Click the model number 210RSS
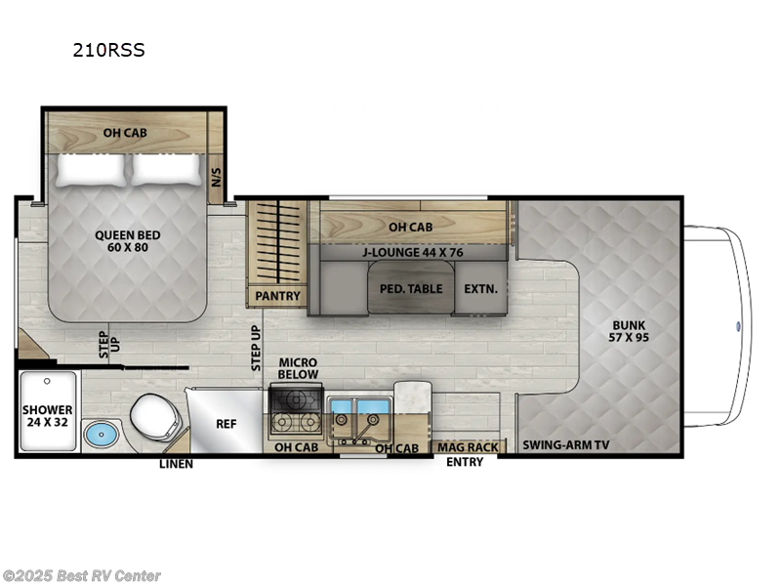tap(108, 51)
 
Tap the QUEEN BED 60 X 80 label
tap(128, 241)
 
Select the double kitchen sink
tap(357, 414)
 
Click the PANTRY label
tap(277, 295)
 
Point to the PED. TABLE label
tap(410, 289)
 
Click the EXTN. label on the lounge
tap(480, 289)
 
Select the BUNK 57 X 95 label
tap(630, 332)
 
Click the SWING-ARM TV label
tap(566, 445)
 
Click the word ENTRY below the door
tap(465, 462)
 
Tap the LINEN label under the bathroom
tap(176, 463)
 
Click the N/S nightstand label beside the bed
tap(217, 177)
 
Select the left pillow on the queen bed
tap(91, 170)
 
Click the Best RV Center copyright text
tap(82, 576)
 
